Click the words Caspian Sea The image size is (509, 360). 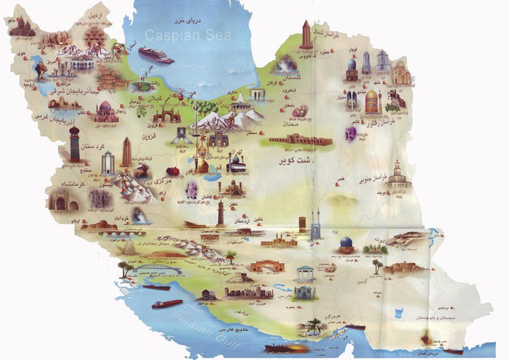tap(188, 35)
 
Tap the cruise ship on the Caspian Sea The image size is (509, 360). tap(156, 55)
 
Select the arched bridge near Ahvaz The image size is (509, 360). tap(157, 268)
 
